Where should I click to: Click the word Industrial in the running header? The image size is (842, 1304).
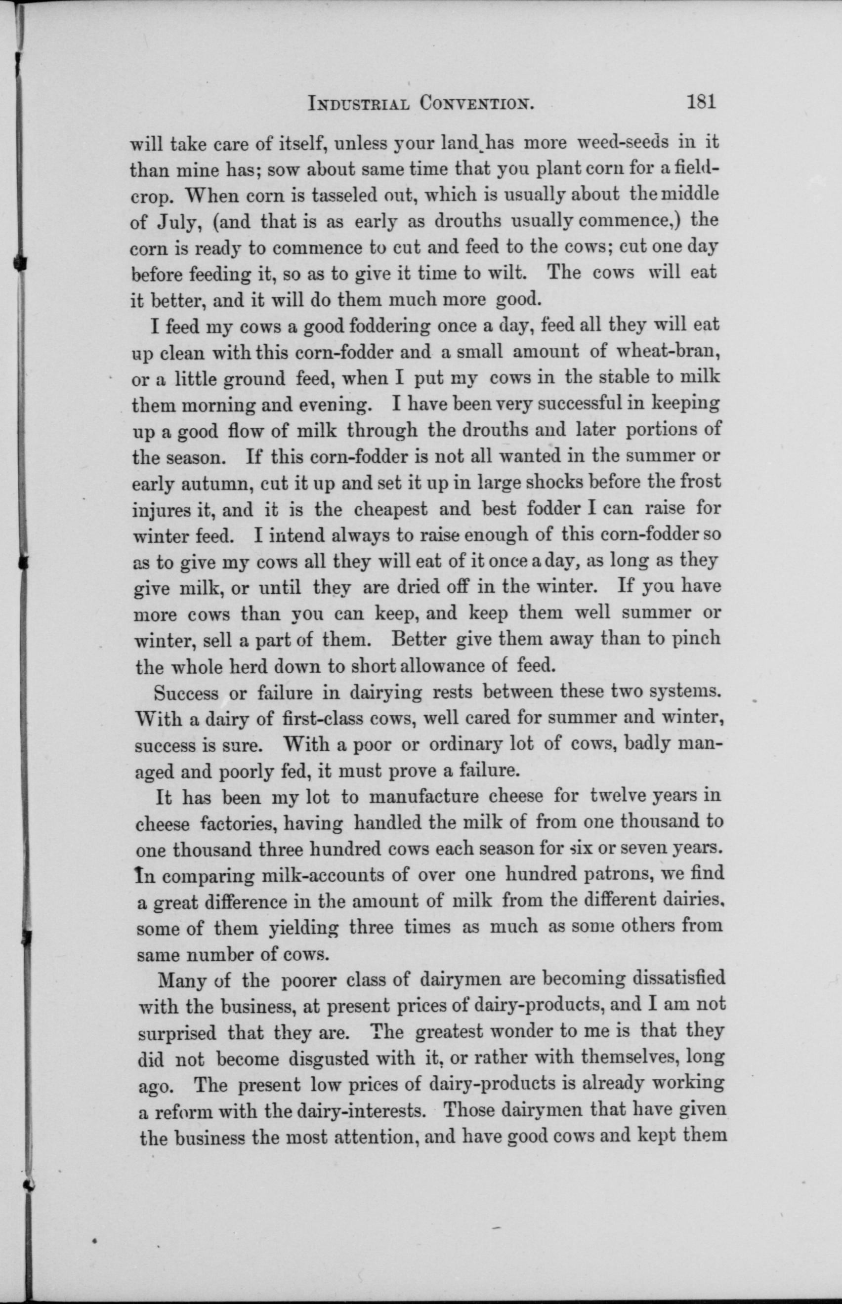(358, 103)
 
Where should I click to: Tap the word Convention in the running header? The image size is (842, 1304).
(476, 103)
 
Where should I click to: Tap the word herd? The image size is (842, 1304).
(241, 666)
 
